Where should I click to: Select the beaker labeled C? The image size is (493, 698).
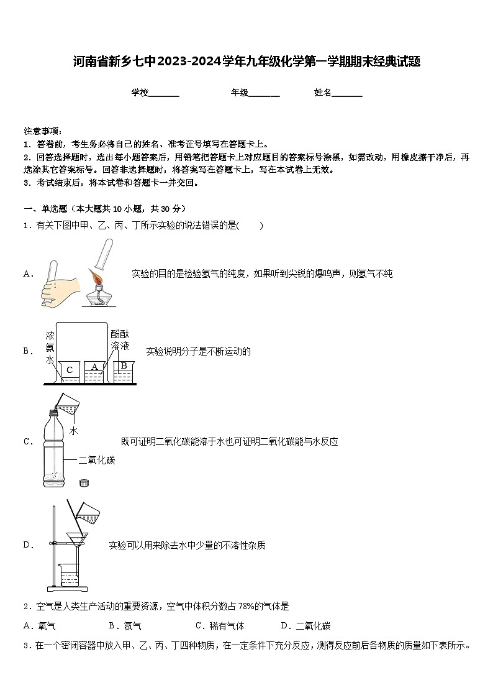(70, 371)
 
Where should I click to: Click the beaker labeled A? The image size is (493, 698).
(94, 371)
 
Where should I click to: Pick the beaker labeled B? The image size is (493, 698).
(124, 370)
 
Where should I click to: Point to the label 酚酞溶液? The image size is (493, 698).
(119, 340)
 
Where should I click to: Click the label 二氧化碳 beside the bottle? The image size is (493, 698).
(97, 461)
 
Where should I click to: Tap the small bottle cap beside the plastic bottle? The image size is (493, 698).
(84, 483)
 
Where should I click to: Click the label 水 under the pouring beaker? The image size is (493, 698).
(73, 430)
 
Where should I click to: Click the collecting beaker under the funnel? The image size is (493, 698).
(70, 574)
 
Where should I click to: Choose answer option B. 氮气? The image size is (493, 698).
(125, 626)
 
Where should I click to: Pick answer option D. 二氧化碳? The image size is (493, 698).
(305, 626)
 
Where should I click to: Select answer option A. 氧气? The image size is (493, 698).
(39, 626)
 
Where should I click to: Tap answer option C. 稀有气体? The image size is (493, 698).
(220, 626)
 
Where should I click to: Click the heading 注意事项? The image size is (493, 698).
(42, 131)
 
